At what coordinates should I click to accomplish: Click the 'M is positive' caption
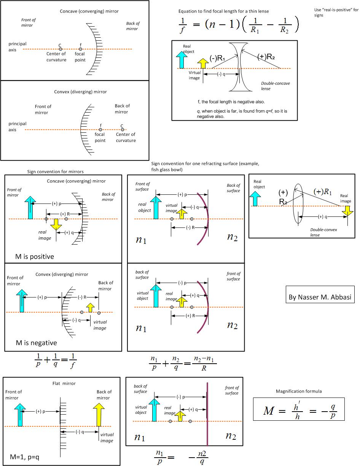tap(35, 256)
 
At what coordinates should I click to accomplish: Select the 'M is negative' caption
tap(36, 343)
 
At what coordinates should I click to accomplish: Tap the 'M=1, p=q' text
tap(25, 457)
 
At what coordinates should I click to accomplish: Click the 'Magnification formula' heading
tap(299, 391)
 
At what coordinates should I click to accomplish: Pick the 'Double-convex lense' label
tap(323, 232)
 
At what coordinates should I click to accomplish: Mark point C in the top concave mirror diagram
tap(60, 49)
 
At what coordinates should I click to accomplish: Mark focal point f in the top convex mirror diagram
tap(100, 130)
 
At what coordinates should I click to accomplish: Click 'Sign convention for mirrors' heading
tap(55, 172)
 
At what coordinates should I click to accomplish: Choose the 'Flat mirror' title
tap(64, 383)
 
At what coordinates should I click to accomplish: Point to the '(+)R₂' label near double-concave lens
tap(266, 57)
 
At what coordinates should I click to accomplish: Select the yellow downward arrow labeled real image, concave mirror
tap(56, 224)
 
